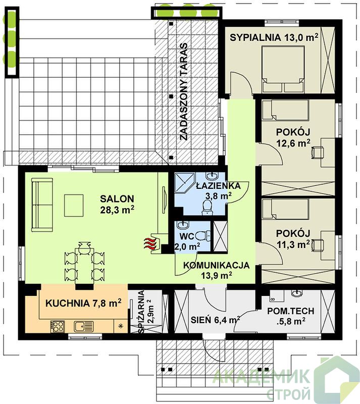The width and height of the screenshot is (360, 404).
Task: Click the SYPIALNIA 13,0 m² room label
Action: tap(274, 37)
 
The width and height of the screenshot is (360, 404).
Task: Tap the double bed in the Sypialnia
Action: tap(283, 69)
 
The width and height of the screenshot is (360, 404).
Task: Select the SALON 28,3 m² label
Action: tap(117, 205)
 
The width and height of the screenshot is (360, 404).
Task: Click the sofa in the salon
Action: tap(42, 205)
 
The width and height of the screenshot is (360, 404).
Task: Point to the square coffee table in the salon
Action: tap(74, 206)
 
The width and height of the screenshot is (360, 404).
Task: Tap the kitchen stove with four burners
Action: tap(57, 326)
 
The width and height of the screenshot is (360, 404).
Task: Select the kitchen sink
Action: tap(83, 326)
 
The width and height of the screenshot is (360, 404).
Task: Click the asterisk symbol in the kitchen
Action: tap(120, 326)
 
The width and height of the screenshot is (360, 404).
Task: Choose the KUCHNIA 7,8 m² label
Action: tap(83, 304)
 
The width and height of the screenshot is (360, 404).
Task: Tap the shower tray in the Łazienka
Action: tap(185, 183)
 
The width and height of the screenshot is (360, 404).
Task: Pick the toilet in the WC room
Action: tap(203, 236)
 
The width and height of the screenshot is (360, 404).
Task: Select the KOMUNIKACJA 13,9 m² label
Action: tap(216, 270)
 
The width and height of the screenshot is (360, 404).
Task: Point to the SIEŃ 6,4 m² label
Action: tap(216, 320)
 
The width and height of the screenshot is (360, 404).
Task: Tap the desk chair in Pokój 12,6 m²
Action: tap(317, 153)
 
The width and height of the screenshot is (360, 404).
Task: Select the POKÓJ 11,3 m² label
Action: tap(293, 238)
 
